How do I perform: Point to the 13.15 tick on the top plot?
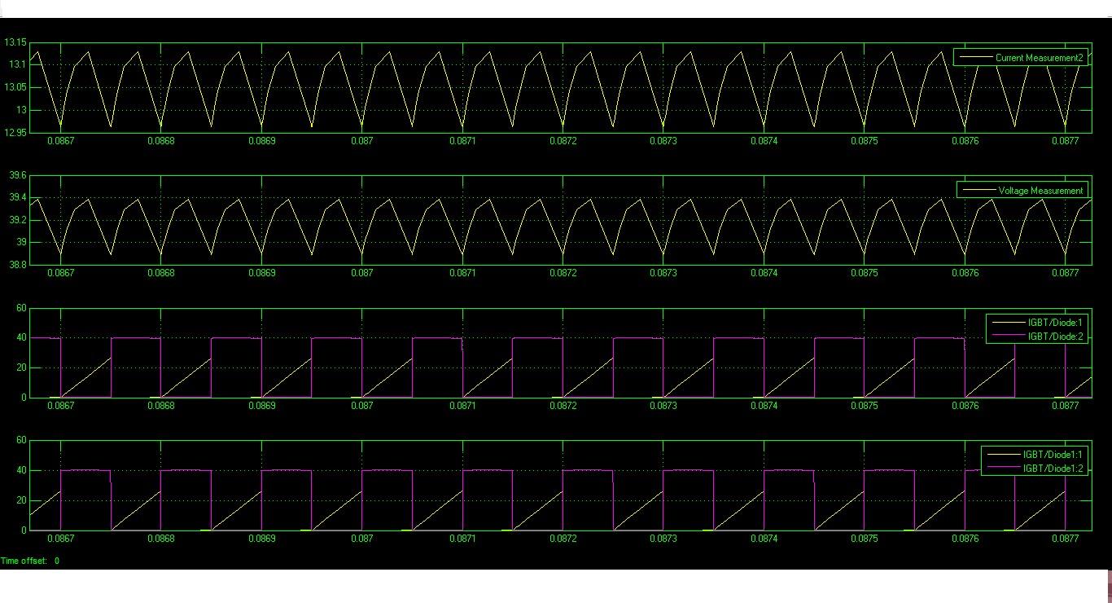point(16,42)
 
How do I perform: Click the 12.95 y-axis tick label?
point(16,132)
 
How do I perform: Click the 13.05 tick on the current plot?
point(16,87)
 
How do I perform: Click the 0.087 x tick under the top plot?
point(362,141)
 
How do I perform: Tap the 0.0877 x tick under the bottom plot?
point(1065,539)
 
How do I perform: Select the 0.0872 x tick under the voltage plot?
point(563,274)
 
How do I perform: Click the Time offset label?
point(24,561)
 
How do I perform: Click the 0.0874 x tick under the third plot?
point(764,406)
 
